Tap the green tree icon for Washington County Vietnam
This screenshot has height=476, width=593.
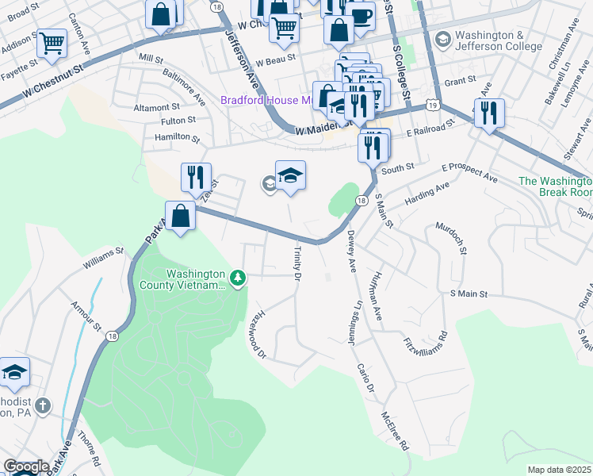pos(237,277)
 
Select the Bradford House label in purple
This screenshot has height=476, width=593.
pos(266,100)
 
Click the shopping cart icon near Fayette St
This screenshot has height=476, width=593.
pos(52,43)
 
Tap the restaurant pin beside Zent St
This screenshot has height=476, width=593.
pos(196,177)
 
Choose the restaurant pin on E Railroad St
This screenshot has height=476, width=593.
pos(489,113)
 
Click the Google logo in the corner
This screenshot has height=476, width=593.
pos(25,467)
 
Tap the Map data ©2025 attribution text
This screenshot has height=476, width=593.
pos(560,470)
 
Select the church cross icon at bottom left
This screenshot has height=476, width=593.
pos(44,405)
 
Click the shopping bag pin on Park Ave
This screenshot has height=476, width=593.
pos(181,215)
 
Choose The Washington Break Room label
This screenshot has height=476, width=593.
pos(555,186)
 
